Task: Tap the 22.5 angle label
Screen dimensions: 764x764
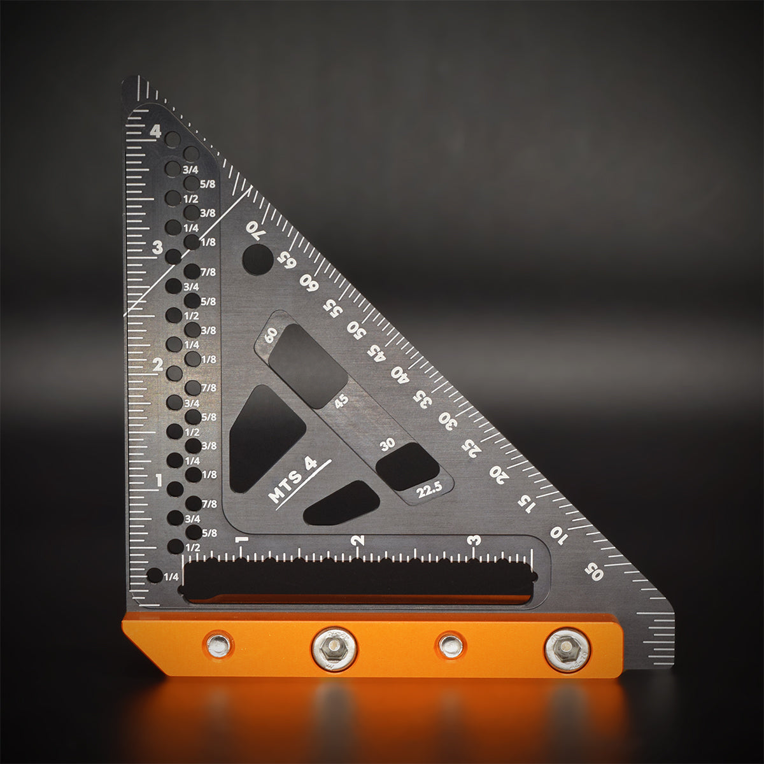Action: coord(429,491)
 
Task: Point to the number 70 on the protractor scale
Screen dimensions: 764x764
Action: coord(253,230)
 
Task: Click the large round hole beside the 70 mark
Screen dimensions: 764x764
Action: coord(257,259)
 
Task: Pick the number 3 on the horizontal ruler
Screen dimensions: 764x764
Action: coord(474,541)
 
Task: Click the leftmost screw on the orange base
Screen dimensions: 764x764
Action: coord(219,645)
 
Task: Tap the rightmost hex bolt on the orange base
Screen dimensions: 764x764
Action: coord(567,649)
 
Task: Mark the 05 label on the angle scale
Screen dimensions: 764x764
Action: coord(593,571)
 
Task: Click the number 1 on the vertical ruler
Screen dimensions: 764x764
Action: coord(159,481)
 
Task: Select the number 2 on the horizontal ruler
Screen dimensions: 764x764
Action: coord(359,541)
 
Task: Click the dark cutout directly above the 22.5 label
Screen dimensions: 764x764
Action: coord(407,466)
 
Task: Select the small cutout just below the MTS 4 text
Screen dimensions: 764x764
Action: coord(342,503)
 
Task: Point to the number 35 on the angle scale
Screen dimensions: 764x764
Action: coord(421,399)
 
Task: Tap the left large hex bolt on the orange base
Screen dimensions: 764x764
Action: coord(334,649)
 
